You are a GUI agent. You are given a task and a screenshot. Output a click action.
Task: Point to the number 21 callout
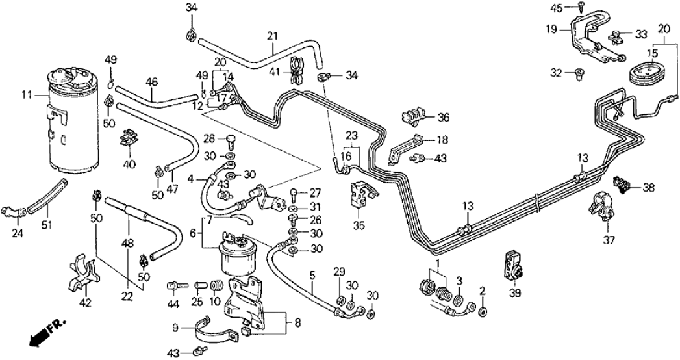coord(272,35)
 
